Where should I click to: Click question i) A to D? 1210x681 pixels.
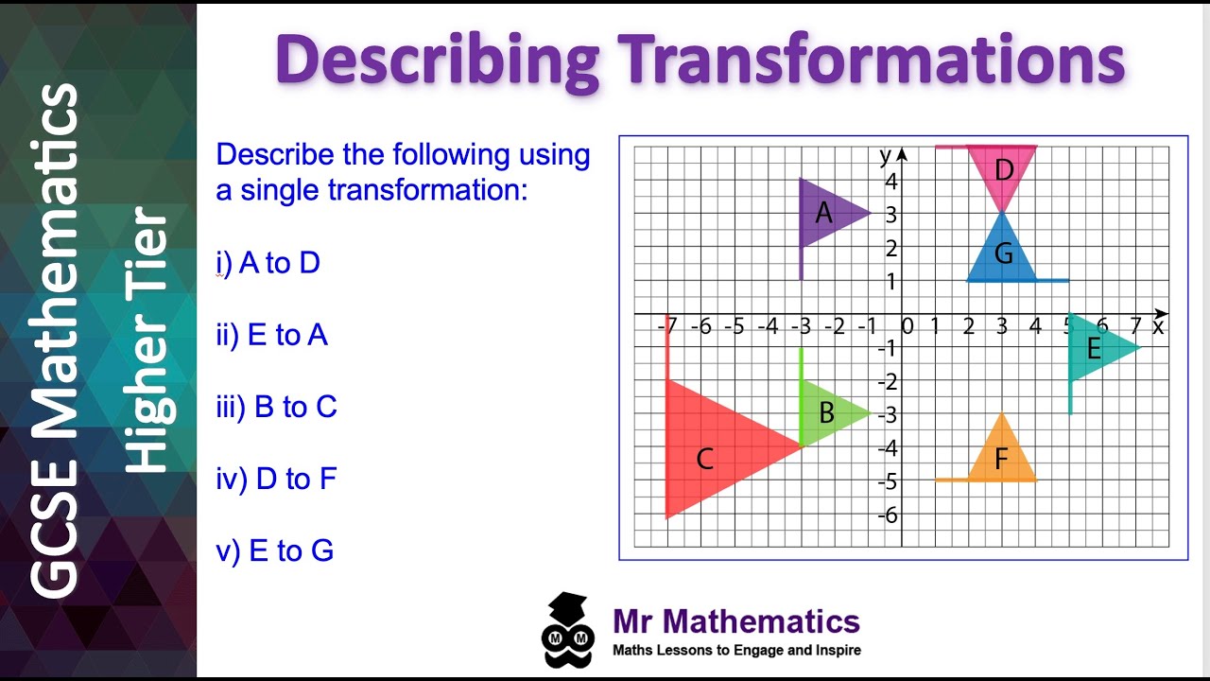tap(268, 263)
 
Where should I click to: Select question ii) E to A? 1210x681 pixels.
tap(272, 335)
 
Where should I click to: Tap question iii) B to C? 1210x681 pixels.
tap(277, 407)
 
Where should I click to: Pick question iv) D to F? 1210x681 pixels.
tap(277, 479)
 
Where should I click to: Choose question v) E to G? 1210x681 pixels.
tap(275, 550)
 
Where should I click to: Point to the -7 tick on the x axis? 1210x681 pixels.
tap(667, 327)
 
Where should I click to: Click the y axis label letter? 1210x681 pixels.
tap(885, 155)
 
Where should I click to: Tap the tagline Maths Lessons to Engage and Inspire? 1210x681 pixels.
tap(736, 651)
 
